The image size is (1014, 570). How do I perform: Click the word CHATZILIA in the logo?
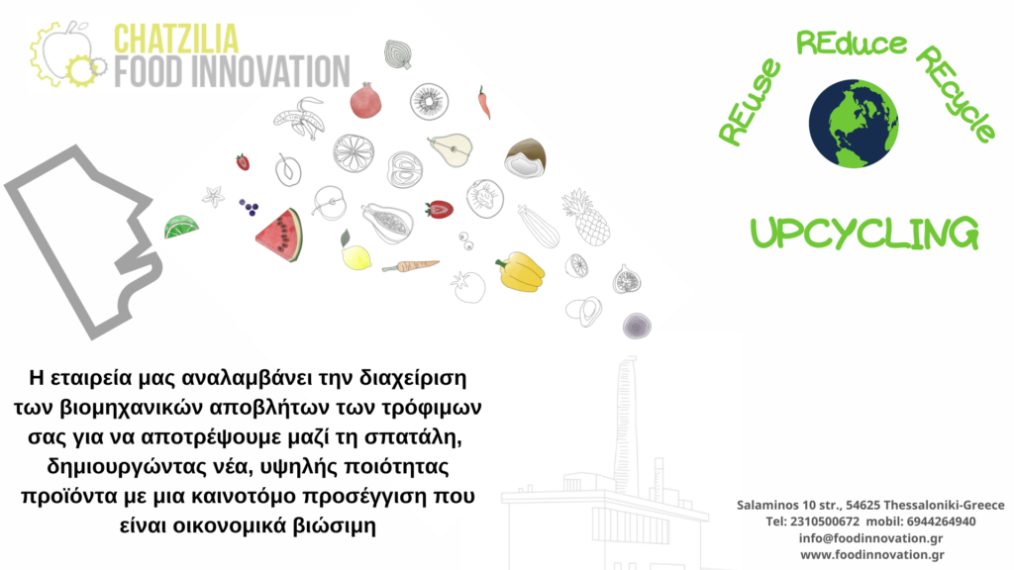[176, 39]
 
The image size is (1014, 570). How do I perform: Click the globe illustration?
[854, 124]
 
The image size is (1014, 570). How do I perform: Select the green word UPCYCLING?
[864, 234]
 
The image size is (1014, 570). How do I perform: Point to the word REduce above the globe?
[851, 44]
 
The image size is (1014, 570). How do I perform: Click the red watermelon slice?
[279, 235]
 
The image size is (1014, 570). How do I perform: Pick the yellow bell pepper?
[521, 272]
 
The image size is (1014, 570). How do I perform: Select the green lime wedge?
[180, 227]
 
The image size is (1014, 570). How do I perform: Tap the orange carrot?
[410, 265]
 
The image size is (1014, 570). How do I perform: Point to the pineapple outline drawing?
[586, 218]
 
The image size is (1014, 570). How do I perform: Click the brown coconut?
[525, 158]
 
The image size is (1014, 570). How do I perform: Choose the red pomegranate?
[365, 101]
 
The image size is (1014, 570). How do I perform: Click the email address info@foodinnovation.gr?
[870, 538]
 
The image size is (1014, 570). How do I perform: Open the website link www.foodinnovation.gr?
[872, 554]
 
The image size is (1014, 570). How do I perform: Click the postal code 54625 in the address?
[862, 505]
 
